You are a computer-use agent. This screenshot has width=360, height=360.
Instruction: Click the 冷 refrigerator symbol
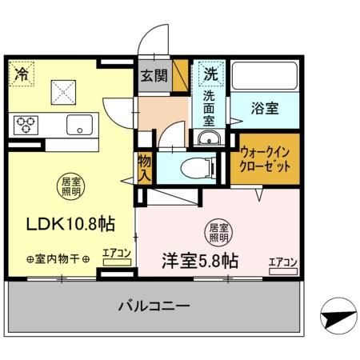(21, 74)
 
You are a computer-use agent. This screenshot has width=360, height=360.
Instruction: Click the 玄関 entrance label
(154, 77)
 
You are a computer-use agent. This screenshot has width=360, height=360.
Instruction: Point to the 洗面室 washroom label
(209, 108)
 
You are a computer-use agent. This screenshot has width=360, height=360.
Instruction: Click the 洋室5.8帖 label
(198, 260)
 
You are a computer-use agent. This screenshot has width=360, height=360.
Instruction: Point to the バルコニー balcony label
(155, 306)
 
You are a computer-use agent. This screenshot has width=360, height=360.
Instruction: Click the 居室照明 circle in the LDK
(69, 188)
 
